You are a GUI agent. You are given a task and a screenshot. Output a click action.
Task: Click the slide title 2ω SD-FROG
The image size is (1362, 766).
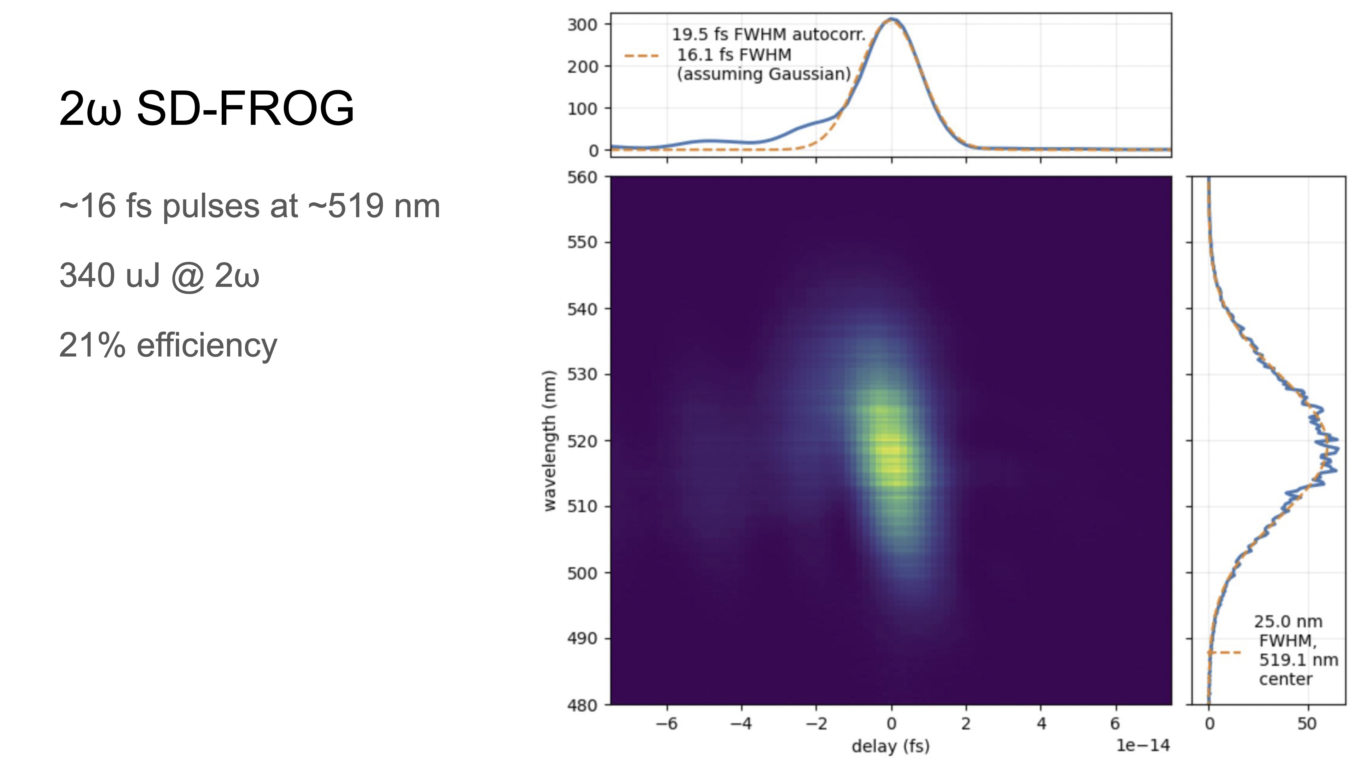206,108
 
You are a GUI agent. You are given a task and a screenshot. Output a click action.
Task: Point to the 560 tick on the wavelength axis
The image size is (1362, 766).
582,177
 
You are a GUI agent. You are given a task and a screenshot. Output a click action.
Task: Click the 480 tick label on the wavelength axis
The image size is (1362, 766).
582,705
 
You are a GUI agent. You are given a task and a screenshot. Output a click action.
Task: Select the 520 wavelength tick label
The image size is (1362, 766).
582,441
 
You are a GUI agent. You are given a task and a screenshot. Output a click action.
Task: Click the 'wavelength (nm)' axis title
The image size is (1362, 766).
550,441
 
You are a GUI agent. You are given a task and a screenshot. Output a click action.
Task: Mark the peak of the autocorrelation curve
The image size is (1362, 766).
891,20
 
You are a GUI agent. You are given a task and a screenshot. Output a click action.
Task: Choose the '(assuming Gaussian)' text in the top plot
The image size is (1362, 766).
764,74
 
